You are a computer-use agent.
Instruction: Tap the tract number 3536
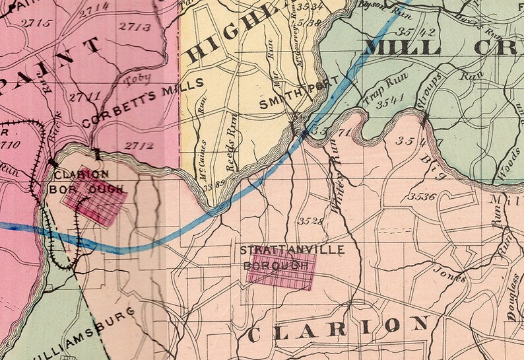(422, 196)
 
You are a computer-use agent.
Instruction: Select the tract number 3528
(311, 220)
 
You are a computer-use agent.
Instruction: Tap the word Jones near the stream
(449, 273)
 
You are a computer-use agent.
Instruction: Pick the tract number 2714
(91, 8)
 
